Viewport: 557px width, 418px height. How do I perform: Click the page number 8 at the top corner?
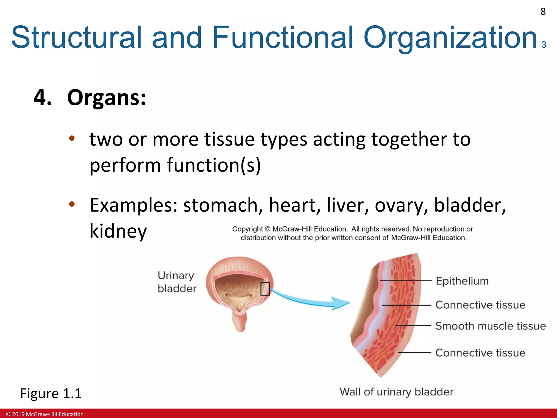point(543,12)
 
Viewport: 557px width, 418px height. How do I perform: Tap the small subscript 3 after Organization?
point(544,44)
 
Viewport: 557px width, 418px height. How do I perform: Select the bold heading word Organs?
point(106,98)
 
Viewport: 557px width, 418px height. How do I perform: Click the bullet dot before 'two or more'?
point(72,138)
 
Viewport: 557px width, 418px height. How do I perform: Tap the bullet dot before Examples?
point(72,204)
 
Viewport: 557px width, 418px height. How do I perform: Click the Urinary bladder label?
point(177,282)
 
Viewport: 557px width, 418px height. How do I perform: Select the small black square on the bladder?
point(265,289)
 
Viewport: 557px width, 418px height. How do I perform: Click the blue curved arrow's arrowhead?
point(341,303)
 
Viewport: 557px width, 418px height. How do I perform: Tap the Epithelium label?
point(462,281)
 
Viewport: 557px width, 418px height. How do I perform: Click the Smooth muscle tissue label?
point(490,326)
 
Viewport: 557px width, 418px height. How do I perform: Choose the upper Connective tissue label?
point(480,305)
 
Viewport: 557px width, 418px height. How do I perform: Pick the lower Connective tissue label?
point(480,353)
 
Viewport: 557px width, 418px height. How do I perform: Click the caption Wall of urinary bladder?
point(396,392)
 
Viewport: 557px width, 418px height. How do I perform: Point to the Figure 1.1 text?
point(51,394)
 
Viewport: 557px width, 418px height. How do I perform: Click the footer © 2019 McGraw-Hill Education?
point(45,414)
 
